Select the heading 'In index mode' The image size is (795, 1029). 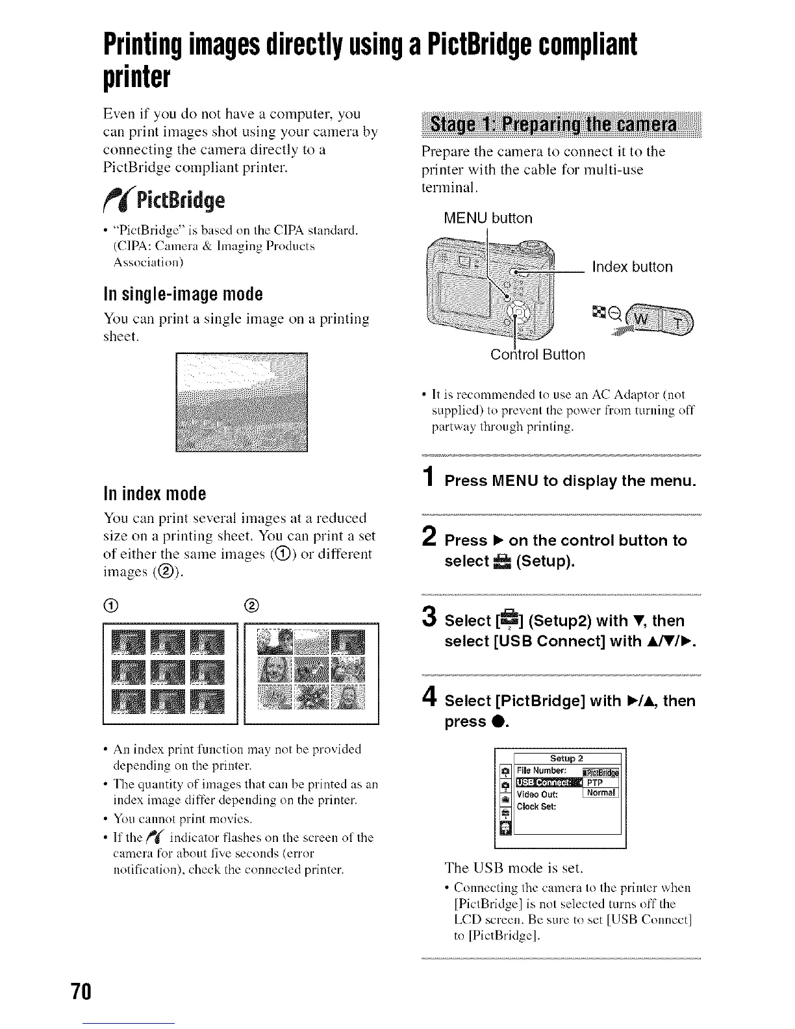pyautogui.click(x=155, y=494)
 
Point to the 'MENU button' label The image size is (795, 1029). pyautogui.click(x=488, y=218)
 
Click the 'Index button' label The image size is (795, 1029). pyautogui.click(x=632, y=267)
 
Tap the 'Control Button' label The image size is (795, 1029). pyautogui.click(x=538, y=355)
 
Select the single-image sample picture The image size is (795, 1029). pyautogui.click(x=242, y=401)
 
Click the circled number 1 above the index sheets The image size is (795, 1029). pyautogui.click(x=109, y=607)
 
